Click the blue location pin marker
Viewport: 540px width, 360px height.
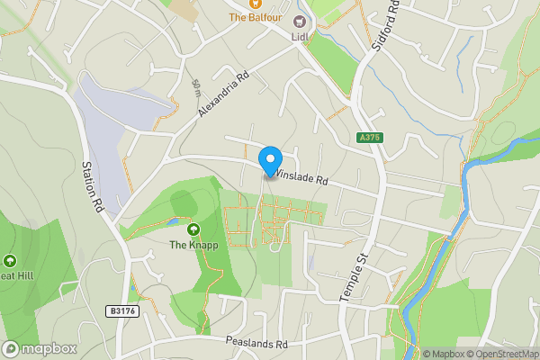click(269, 160)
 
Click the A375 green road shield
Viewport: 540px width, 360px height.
click(369, 138)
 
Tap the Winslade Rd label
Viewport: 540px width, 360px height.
click(302, 178)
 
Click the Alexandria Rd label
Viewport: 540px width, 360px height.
click(221, 94)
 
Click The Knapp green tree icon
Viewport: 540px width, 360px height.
click(193, 229)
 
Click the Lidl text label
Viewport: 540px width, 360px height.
click(300, 37)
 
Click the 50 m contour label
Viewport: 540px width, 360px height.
click(196, 87)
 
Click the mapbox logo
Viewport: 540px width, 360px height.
click(40, 348)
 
